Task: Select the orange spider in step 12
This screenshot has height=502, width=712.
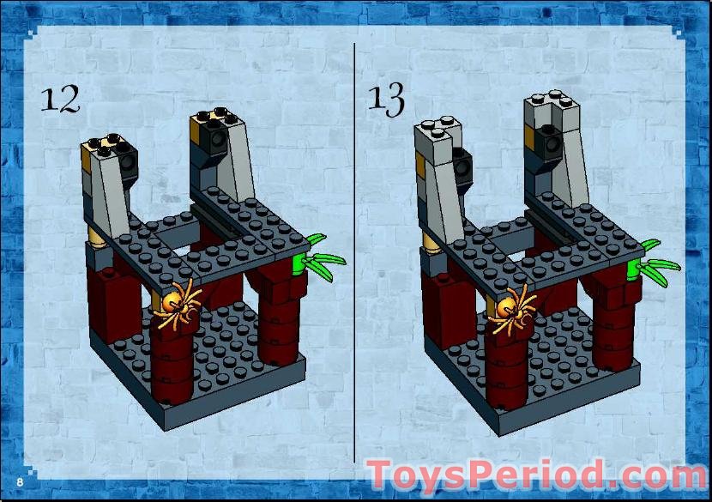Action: tap(178, 302)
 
